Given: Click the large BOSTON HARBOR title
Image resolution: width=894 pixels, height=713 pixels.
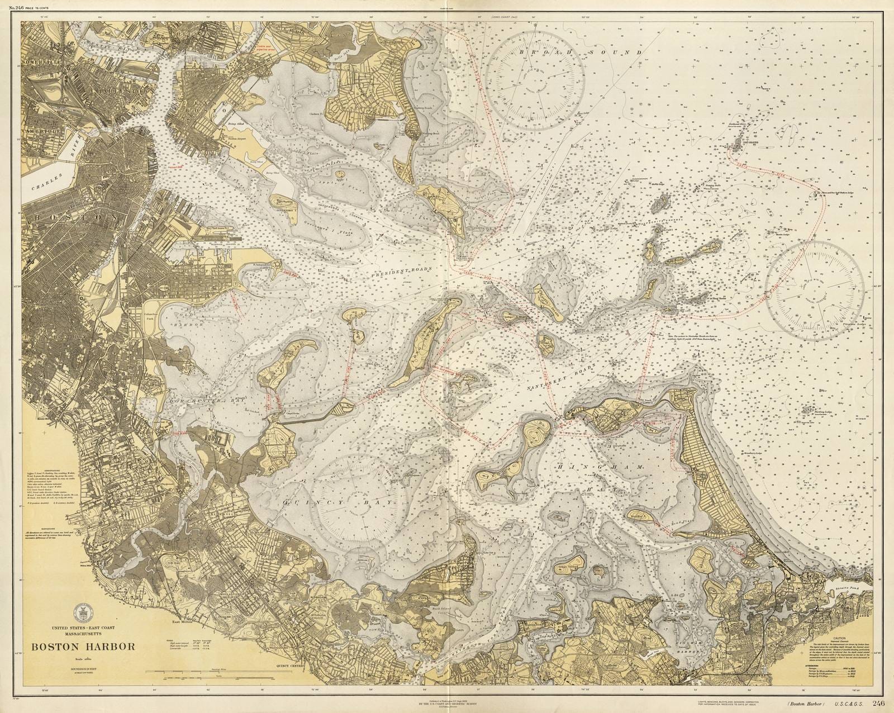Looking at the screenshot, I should pos(83,648).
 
